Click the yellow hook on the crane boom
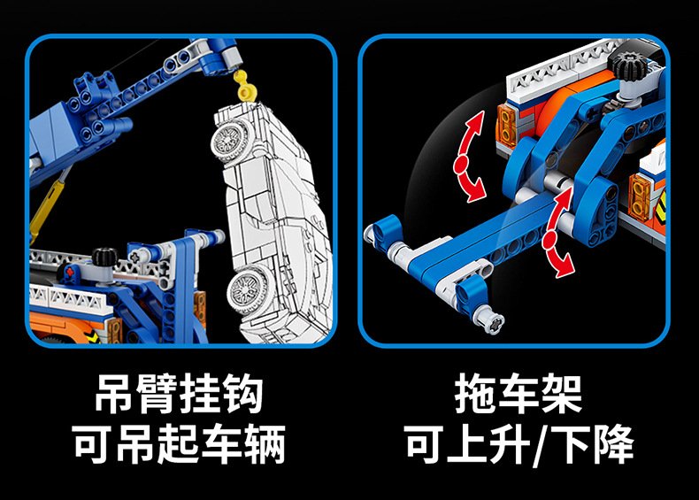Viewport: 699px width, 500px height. click(x=246, y=86)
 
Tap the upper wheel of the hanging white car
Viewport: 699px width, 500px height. click(x=229, y=141)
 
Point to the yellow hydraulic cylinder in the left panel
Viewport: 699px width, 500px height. click(x=48, y=205)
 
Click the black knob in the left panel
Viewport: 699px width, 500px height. click(x=105, y=258)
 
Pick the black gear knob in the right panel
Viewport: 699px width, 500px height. click(x=628, y=65)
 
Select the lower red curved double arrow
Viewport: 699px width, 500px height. click(x=557, y=232)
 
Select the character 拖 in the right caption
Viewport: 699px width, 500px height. click(x=475, y=395)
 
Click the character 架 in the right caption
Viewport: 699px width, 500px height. click(x=561, y=395)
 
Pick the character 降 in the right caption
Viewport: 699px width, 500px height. click(x=613, y=444)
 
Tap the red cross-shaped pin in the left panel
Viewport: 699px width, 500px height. click(x=69, y=272)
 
